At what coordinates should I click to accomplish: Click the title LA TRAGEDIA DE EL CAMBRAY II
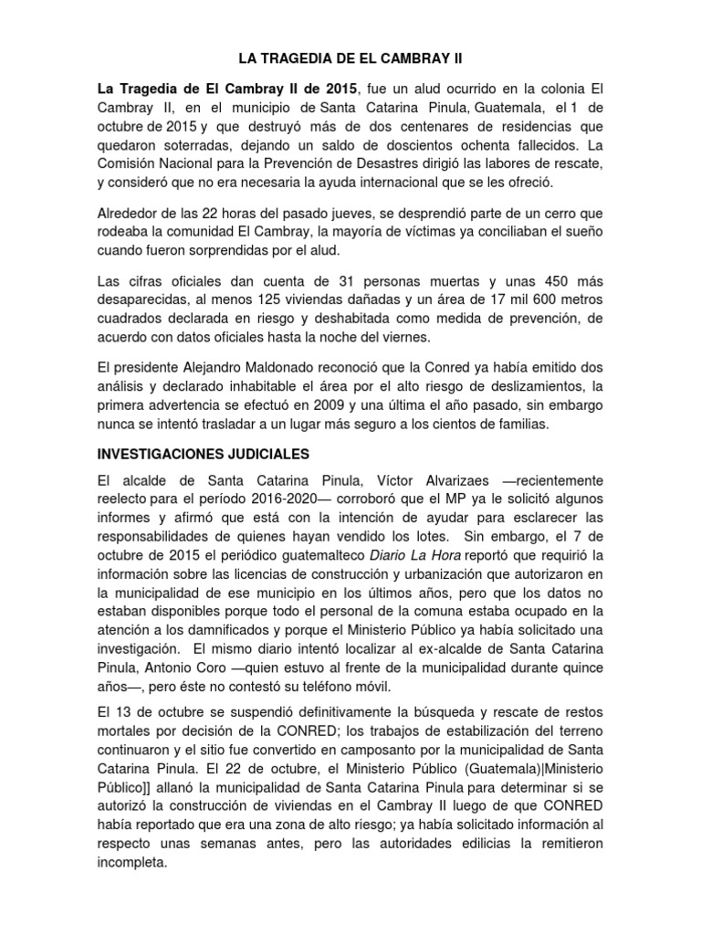tap(350, 58)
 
